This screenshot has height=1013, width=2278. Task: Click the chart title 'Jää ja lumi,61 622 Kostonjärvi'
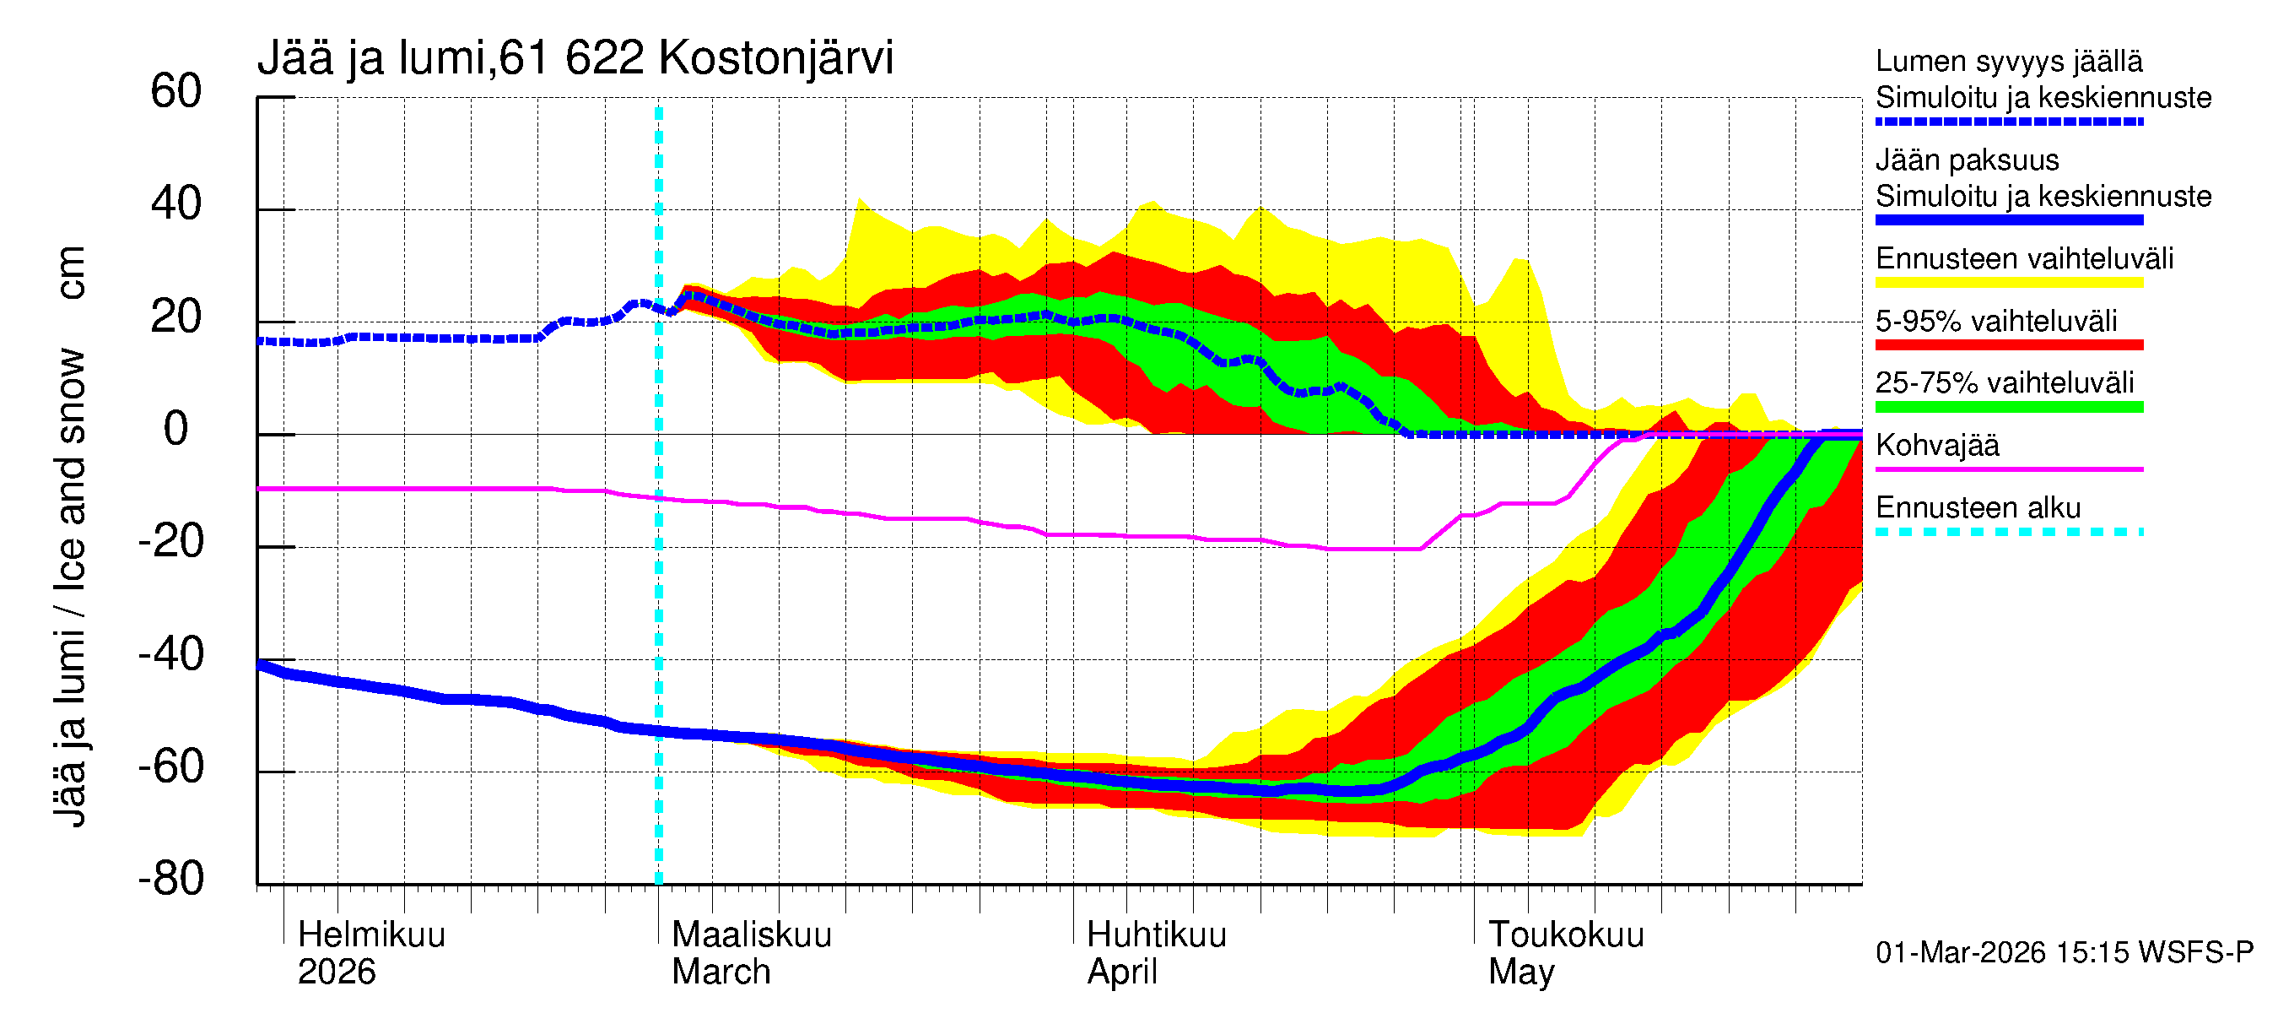point(575,58)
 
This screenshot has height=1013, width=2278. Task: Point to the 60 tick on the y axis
point(176,92)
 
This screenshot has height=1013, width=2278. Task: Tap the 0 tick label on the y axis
point(176,430)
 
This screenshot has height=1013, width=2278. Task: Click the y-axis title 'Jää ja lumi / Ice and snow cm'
point(70,536)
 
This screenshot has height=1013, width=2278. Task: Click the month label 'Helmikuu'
point(371,935)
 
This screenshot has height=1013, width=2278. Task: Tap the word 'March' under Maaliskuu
point(721,972)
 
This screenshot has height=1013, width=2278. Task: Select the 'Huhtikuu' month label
point(1156,935)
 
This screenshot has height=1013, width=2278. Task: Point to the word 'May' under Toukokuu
point(1520,972)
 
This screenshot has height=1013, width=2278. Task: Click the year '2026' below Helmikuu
point(336,972)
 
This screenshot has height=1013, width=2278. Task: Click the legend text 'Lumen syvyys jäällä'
point(2009,62)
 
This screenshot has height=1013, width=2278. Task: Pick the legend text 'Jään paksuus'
point(1967,160)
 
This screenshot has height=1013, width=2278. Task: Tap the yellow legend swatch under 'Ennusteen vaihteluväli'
point(2009,283)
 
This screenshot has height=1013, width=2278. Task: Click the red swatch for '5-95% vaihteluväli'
point(2009,345)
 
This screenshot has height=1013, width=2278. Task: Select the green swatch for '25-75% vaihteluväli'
point(2009,407)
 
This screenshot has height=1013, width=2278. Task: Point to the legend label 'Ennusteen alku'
point(1978,509)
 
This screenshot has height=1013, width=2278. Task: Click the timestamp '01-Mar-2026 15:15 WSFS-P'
point(2064,953)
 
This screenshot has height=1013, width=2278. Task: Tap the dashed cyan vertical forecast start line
point(659,575)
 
